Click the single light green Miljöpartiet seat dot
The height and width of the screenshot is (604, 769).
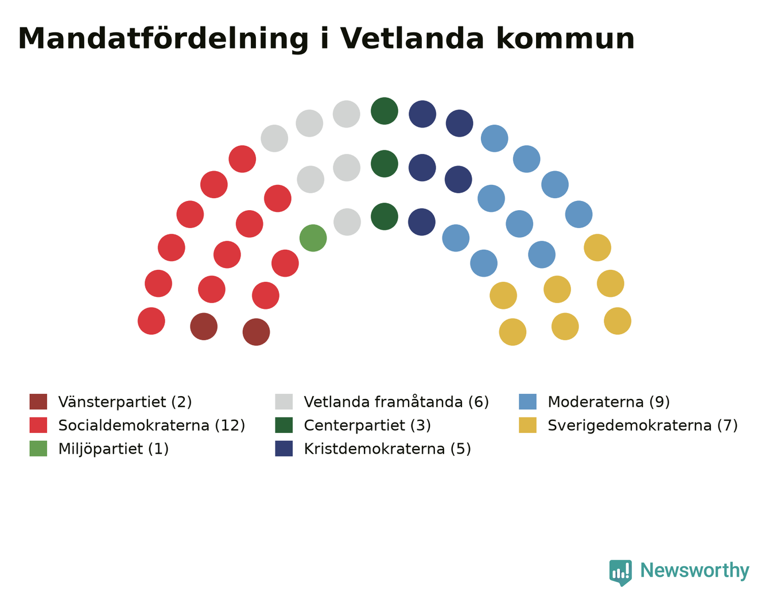313,238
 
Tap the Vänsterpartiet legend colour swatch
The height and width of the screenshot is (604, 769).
38,401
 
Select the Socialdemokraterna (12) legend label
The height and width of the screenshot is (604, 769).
152,425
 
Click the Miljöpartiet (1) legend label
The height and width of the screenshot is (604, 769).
113,448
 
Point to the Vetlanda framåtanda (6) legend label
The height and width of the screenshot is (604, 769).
396,401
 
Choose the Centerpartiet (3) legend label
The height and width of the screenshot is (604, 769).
367,425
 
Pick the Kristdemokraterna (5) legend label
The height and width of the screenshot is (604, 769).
387,448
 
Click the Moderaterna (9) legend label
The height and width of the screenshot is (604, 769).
609,401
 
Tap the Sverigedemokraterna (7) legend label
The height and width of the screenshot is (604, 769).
643,425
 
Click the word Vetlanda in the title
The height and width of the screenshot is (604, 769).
411,38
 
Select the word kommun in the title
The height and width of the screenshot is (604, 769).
565,38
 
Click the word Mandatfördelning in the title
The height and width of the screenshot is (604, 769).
163,39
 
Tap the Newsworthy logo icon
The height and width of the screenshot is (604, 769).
620,573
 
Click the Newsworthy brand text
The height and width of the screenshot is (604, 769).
695,570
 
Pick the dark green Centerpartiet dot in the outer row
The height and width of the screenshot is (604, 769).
384,111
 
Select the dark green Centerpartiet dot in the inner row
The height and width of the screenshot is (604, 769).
384,216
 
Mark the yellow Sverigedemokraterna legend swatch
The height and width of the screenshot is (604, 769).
527,425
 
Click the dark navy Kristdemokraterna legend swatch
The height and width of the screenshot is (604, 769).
284,448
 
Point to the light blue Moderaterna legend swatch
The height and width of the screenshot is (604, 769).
527,401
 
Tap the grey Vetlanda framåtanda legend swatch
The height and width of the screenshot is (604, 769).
284,401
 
